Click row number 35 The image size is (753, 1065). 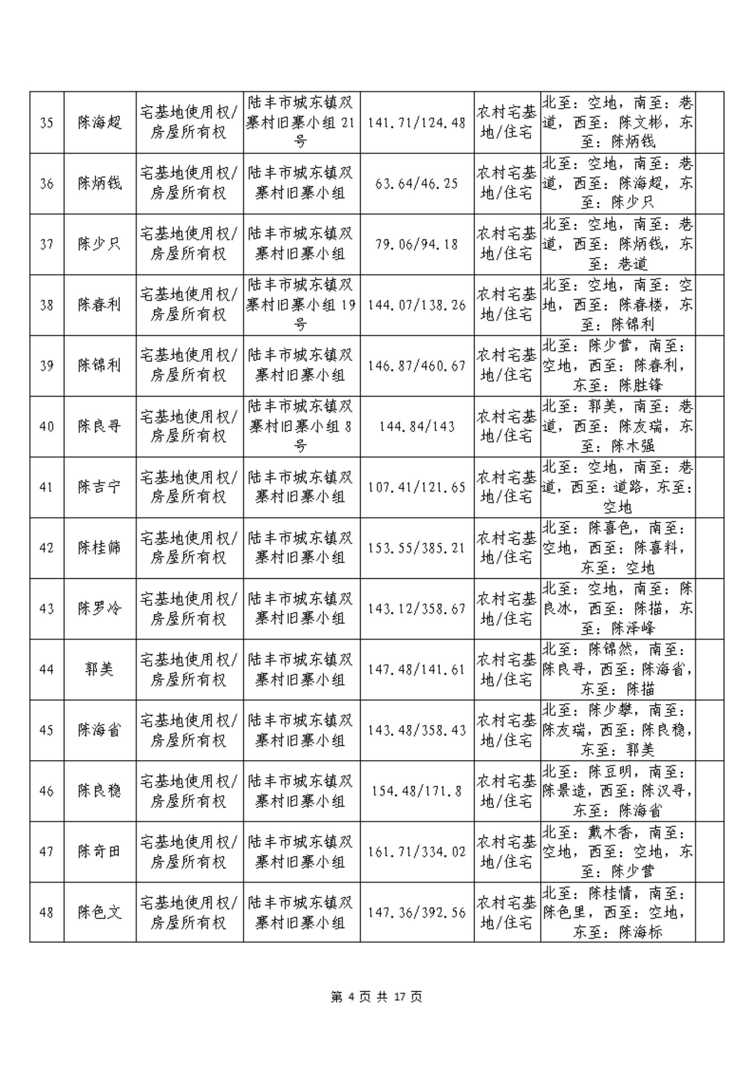[46, 123]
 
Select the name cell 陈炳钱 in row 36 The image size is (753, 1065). [100, 184]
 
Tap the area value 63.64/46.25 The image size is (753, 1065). [416, 184]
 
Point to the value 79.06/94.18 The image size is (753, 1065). [416, 244]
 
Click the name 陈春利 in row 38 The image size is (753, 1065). [100, 305]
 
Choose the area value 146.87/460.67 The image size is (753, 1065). [416, 365]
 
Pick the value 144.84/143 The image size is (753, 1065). [416, 426]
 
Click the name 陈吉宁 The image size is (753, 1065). [100, 487]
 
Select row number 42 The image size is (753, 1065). [46, 548]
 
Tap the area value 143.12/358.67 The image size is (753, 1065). [416, 608]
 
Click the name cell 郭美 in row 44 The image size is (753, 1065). [100, 669]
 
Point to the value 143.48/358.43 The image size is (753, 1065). [416, 730]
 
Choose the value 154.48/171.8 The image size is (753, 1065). [416, 791]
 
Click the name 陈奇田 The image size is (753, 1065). [100, 852]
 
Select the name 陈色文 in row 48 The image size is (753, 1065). [100, 912]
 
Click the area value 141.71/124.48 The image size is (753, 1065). [416, 123]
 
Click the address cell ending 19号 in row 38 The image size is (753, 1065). [301, 305]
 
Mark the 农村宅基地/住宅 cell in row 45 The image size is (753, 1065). [507, 730]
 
